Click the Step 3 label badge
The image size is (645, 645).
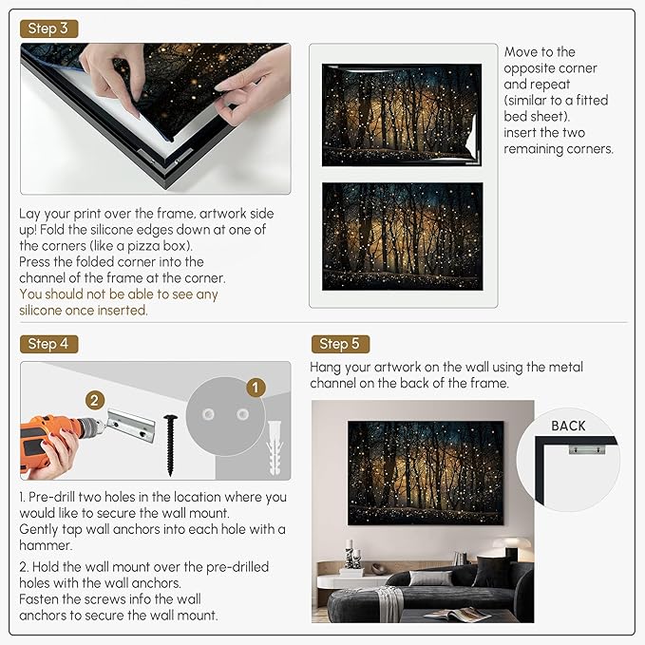tap(47, 28)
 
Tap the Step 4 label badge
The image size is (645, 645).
tap(47, 343)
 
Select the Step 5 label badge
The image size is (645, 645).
tap(339, 344)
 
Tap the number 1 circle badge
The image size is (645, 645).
tap(254, 387)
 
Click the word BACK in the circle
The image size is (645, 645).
tap(568, 426)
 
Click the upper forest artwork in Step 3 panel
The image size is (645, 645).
tap(402, 115)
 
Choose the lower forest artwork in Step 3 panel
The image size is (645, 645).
tap(402, 237)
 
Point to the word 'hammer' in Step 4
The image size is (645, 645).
tap(45, 545)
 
